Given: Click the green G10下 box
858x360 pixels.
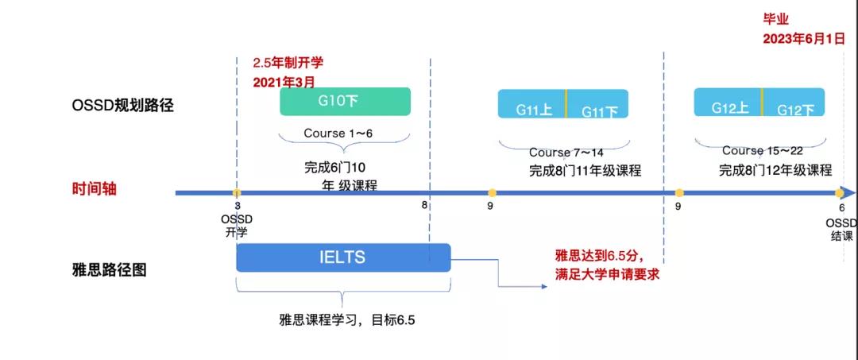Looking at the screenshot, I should tap(345, 102).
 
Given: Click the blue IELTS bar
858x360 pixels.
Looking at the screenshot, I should tap(343, 257).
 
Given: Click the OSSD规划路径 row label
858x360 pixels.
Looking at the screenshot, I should tap(122, 106).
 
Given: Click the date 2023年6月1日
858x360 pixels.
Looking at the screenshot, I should tap(803, 37).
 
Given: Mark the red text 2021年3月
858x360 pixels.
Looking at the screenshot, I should tap(284, 81).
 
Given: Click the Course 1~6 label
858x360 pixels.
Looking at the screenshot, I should tap(337, 134).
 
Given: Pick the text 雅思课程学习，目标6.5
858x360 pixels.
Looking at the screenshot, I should tap(347, 320).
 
